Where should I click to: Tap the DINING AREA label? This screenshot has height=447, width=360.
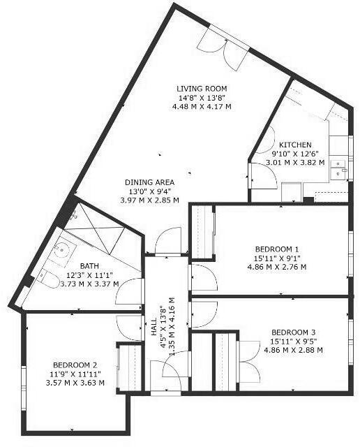click(x=149, y=182)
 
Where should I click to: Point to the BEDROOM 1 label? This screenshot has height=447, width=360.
click(x=277, y=249)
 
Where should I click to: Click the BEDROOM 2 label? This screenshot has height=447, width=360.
click(x=75, y=364)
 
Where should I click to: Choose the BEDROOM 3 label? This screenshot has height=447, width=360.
click(x=293, y=332)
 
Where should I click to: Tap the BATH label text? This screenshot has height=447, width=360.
click(x=89, y=266)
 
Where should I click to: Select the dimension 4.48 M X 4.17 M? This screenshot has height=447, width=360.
click(x=201, y=106)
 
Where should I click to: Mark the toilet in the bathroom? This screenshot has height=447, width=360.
click(x=47, y=279)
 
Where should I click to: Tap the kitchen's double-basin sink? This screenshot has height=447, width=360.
click(x=338, y=168)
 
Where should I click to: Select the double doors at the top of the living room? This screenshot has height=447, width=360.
click(x=223, y=43)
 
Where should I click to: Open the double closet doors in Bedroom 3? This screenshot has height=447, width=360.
click(x=248, y=353)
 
